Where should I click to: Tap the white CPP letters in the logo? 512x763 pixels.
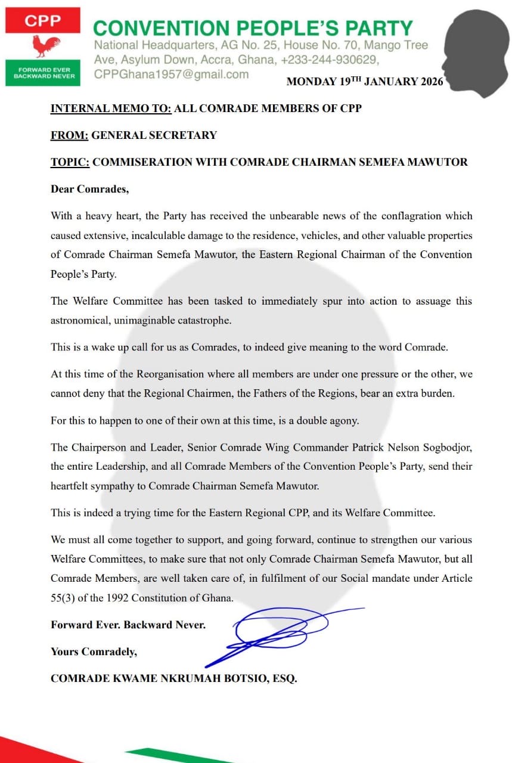tap(42, 21)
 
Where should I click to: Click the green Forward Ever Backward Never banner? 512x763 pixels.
tap(42, 73)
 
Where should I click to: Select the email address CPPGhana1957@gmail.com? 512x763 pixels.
tap(171, 75)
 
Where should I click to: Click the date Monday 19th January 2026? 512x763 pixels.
tap(365, 82)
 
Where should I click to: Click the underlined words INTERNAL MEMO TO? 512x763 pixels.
tap(111, 108)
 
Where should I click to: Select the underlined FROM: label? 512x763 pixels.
tap(69, 135)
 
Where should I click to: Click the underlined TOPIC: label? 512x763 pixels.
tap(70, 162)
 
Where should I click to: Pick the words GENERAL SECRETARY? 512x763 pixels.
tap(154, 135)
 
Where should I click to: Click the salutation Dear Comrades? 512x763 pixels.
tap(89, 190)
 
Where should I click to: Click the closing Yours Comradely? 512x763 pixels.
tap(94, 652)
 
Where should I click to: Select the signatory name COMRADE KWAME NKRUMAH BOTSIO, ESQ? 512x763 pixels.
tap(173, 678)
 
